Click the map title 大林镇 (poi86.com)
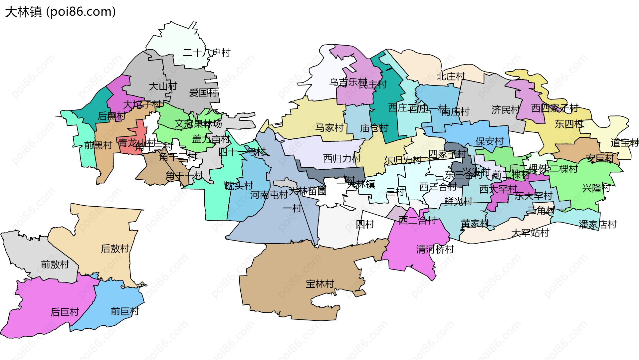pos(60,12)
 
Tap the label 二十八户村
pos(206,53)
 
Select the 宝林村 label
pos(320,284)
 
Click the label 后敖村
pos(115,249)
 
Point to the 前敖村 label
pos(55,265)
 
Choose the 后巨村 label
pos(65,312)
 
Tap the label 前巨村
pos(125,311)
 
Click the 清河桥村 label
pos(435,249)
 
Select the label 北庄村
pos(451,77)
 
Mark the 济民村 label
pos(505,110)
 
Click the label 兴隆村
pos(596,188)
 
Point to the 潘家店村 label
pos(598,225)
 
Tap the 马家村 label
pos(329,128)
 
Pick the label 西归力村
pos(342,158)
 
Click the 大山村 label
pos(163,86)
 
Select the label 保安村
pos(489,141)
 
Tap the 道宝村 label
pos(624,143)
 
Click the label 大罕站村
pos(530,233)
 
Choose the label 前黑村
pos(98,145)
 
